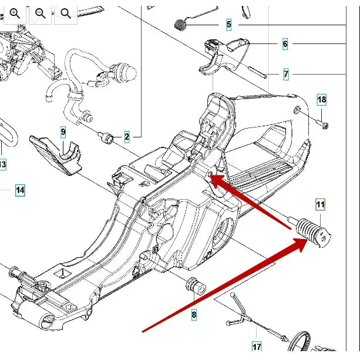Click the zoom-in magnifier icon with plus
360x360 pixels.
click(x=15, y=14)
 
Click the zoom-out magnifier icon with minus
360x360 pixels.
click(x=41, y=14)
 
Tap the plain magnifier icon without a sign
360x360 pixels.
click(x=66, y=14)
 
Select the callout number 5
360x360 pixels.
click(x=228, y=24)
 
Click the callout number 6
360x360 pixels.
click(x=285, y=43)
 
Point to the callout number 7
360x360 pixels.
click(x=286, y=74)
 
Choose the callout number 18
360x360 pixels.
click(x=321, y=100)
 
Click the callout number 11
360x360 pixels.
click(x=320, y=204)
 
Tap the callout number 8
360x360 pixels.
click(x=194, y=314)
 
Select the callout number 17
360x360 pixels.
click(x=257, y=346)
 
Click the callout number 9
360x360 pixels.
click(x=63, y=132)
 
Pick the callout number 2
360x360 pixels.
click(x=127, y=137)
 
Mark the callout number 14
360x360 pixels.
click(x=20, y=190)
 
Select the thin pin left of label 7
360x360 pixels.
click(x=257, y=72)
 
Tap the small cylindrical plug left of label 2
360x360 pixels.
click(x=106, y=137)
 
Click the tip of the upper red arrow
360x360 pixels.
click(x=210, y=176)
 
